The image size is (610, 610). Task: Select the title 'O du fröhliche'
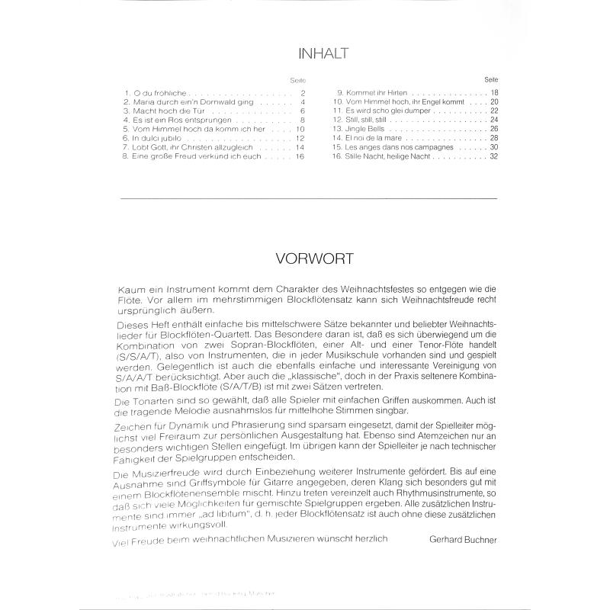[x=156, y=92]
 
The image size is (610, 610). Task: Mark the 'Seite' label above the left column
[x=297, y=80]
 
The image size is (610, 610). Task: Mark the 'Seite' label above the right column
[x=491, y=79]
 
